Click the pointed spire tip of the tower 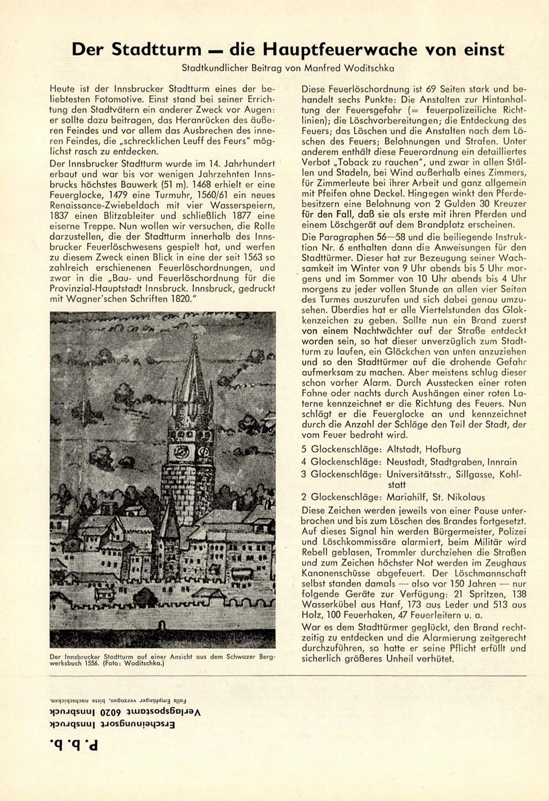[x=193, y=349]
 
